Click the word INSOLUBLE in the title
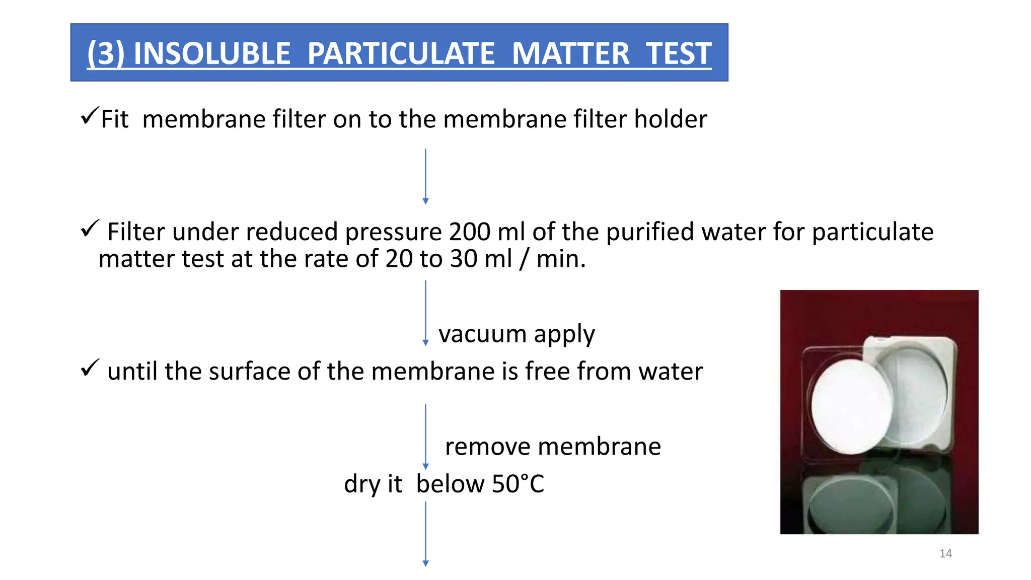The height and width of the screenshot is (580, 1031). [x=212, y=53]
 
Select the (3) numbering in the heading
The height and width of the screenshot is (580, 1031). [x=105, y=53]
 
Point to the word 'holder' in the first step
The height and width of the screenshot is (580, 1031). [x=670, y=119]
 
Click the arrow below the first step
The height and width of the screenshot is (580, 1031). [x=425, y=176]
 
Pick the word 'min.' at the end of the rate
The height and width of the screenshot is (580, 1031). [x=561, y=259]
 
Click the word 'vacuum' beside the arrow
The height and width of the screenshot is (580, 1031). [x=482, y=334]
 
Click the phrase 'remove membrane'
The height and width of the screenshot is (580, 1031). [x=553, y=447]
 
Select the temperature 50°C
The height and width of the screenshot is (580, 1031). [x=518, y=484]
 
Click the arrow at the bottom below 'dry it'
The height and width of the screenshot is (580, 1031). [x=425, y=534]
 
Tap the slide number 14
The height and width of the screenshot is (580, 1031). [x=945, y=554]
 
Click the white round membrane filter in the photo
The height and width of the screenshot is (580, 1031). [x=851, y=406]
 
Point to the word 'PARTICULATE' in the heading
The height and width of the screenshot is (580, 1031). [x=401, y=53]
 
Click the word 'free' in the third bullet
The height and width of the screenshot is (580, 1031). [x=547, y=372]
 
